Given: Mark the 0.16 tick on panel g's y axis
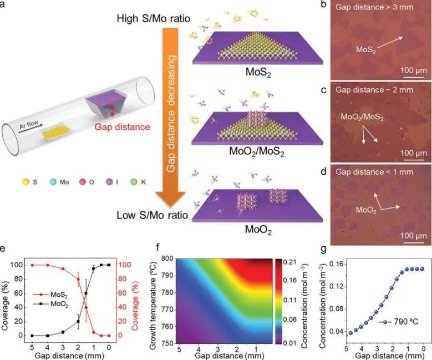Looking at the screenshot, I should (x=335, y=263).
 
